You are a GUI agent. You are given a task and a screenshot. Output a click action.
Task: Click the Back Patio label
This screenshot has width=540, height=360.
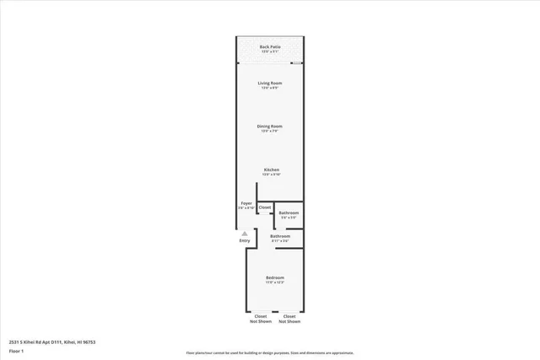270,47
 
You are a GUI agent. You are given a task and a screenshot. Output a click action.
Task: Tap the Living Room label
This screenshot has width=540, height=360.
270,83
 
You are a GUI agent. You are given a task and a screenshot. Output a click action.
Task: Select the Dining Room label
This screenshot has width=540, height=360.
270,126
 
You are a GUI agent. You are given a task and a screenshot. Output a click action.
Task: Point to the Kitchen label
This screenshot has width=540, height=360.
271,169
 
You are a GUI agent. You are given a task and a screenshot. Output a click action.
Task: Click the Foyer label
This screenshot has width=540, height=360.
246,203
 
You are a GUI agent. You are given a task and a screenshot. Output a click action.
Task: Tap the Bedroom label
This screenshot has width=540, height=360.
275,277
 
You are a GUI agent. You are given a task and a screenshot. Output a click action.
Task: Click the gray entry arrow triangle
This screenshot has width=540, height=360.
245,234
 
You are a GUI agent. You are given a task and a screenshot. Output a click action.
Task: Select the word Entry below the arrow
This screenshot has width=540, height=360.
245,241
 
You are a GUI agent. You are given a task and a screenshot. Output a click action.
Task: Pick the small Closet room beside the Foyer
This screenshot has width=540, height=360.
265,207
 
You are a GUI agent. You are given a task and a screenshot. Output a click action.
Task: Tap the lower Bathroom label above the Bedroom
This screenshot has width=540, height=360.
280,236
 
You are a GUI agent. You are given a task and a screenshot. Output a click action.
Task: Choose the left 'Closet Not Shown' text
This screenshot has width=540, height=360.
261,319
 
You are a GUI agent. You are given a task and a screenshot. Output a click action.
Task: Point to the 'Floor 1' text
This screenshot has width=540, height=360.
16,351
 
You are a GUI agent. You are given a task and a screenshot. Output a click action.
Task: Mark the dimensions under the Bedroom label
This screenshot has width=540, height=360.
275,282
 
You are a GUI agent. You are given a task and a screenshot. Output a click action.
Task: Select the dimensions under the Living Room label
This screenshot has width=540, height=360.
270,88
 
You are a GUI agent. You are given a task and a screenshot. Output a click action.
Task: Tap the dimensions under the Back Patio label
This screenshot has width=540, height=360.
270,52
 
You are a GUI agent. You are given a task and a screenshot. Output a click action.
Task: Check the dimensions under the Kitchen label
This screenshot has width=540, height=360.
271,175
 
